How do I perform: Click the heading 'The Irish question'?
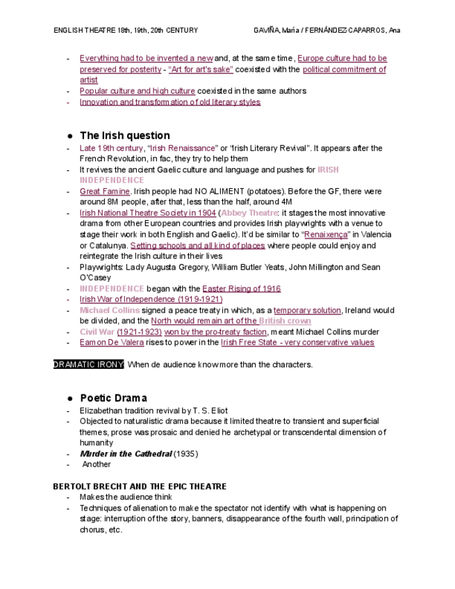pyautogui.click(x=124, y=135)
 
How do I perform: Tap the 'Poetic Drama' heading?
pyautogui.click(x=113, y=398)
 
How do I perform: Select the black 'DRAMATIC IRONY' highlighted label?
pyautogui.click(x=88, y=365)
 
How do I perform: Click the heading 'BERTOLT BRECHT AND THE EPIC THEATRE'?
pyautogui.click(x=140, y=486)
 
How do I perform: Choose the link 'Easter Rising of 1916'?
pyautogui.click(x=241, y=288)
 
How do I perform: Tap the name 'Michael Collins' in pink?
pyautogui.click(x=110, y=310)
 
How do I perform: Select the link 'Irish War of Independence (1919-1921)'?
pyautogui.click(x=151, y=299)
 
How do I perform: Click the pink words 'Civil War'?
pyautogui.click(x=97, y=332)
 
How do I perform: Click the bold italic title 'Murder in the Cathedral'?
pyautogui.click(x=126, y=454)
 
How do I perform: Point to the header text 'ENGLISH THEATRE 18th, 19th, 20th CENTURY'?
pyautogui.click(x=126, y=31)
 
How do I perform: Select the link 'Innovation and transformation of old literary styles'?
pyautogui.click(x=169, y=102)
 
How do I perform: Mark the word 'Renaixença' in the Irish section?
pyautogui.click(x=326, y=235)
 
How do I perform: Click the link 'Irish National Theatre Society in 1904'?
pyautogui.click(x=147, y=213)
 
